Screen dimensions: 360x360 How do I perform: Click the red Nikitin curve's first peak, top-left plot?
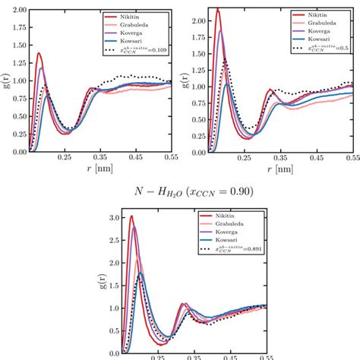coord(39,53)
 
